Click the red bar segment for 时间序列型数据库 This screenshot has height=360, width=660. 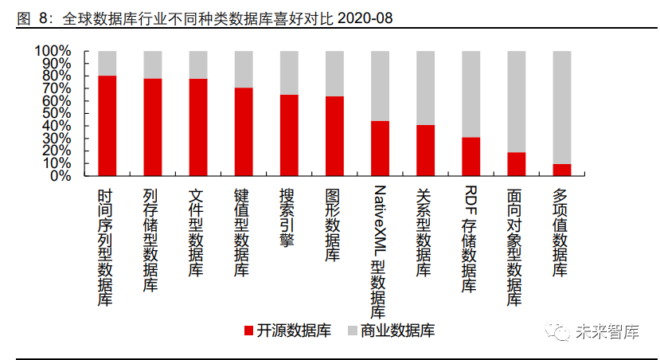tap(107, 126)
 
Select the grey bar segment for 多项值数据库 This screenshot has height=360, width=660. tap(562, 108)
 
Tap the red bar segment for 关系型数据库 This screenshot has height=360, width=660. tap(426, 151)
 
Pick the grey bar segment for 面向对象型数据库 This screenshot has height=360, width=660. tap(517, 101)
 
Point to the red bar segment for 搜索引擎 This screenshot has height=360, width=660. tap(289, 135)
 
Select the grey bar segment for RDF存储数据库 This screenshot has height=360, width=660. tap(471, 94)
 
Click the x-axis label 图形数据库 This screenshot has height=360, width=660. tap(334, 225)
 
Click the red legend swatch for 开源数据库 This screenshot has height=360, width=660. tap(248, 331)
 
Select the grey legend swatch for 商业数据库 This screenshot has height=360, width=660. tap(353, 331)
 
